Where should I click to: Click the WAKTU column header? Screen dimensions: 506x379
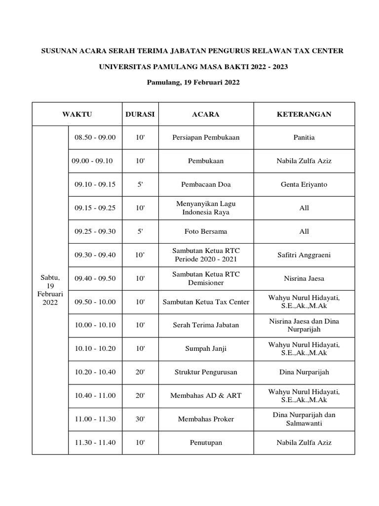(77, 114)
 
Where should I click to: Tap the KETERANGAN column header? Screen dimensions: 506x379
(304, 114)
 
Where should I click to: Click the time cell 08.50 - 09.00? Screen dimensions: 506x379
(95, 137)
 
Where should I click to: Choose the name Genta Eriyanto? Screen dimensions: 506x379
(304, 184)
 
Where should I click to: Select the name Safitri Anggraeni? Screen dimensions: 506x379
(304, 255)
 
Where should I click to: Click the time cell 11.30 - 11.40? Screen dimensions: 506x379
(95, 442)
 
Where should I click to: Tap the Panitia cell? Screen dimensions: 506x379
(304, 137)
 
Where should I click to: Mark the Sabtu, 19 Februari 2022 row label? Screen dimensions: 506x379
(50, 290)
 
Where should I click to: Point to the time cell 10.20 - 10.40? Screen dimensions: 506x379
(95, 372)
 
